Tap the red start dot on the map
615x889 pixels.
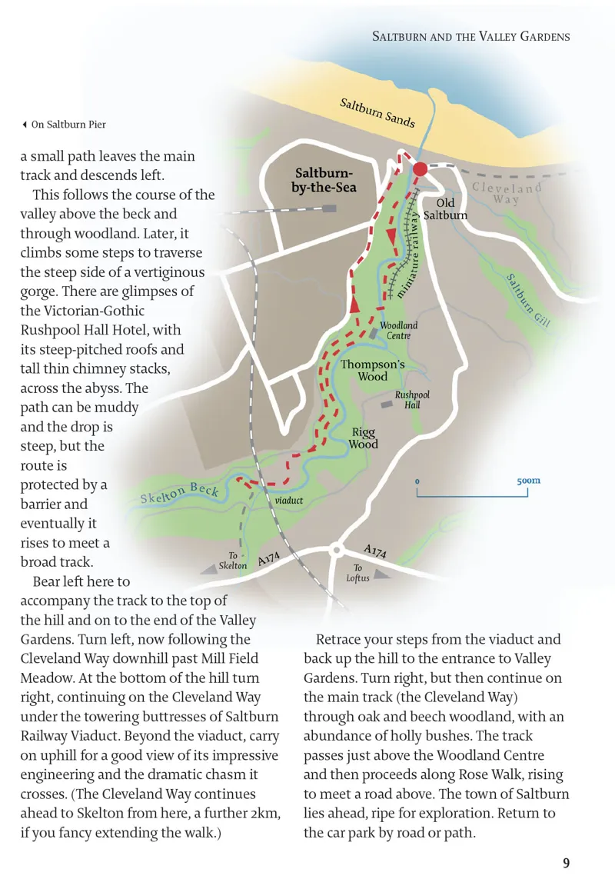[420, 169]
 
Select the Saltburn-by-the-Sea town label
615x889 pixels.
[326, 179]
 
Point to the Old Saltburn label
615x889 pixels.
[445, 208]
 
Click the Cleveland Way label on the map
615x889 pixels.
[507, 193]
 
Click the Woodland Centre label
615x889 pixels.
[399, 331]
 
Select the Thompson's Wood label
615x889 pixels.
[373, 371]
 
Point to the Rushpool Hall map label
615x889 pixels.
[412, 399]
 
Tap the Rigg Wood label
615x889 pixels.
[363, 438]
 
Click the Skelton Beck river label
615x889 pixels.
[179, 494]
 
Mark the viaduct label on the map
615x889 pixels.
[289, 500]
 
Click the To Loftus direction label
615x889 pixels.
[357, 573]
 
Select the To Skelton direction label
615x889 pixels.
[233, 561]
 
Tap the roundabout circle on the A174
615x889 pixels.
[336, 550]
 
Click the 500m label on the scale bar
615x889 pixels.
[528, 481]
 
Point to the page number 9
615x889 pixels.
[566, 863]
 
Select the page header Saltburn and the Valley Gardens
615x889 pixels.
[470, 36]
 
